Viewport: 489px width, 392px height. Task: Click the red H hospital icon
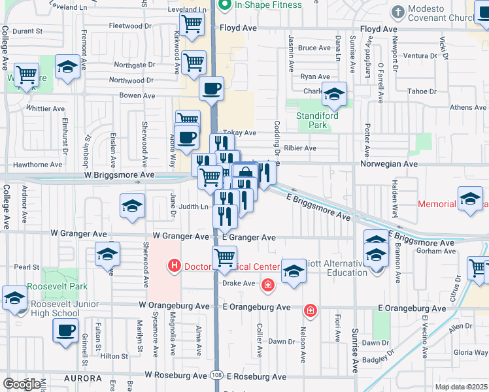pyautogui.click(x=174, y=266)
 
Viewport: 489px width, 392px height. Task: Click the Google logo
pyautogui.click(x=22, y=384)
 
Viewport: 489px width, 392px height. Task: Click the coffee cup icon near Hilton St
pyautogui.click(x=65, y=330)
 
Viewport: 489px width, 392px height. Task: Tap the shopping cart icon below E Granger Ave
pyautogui.click(x=224, y=257)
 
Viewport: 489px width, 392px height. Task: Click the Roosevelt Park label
pyautogui.click(x=58, y=287)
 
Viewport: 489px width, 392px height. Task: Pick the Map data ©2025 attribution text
pyautogui.click(x=461, y=387)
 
